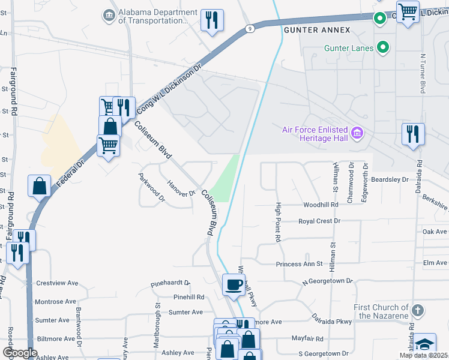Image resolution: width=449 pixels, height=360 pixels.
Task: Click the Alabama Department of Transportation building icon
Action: coord(109,15)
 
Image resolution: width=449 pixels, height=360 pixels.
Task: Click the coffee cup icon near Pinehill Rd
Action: coord(234,284)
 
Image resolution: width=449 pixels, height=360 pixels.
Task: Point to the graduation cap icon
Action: coord(424,344)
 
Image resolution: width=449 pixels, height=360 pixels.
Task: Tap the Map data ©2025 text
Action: coord(423,355)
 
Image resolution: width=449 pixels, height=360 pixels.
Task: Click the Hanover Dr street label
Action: coord(181,189)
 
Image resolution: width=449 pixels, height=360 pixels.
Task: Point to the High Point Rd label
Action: coord(279,223)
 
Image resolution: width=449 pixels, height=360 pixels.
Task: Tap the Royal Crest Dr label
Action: coord(320,221)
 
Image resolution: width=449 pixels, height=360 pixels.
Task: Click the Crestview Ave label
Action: coord(57,283)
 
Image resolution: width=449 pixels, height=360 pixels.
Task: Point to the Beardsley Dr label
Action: coord(390,179)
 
